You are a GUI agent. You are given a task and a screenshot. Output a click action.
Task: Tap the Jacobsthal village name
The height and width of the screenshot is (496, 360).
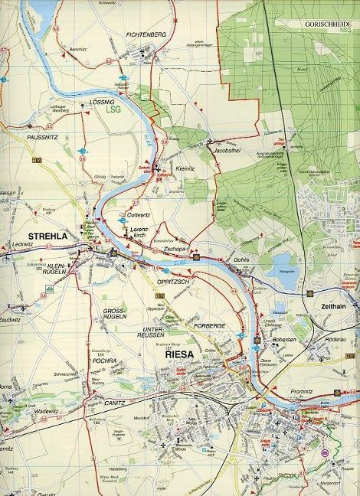[228, 151]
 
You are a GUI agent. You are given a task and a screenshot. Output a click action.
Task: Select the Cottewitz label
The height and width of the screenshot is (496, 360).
[141, 215]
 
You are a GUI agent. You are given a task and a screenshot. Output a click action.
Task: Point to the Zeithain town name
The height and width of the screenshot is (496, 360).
[329, 305]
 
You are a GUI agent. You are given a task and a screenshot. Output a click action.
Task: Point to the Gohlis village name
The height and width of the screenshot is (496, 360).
[244, 260]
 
